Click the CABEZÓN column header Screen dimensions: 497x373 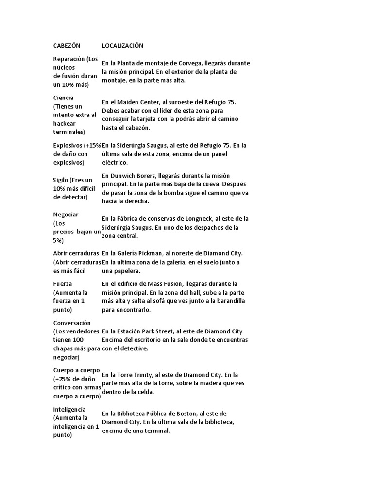tap(66, 45)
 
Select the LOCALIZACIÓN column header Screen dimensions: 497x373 tap(123, 45)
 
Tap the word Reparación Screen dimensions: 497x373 tap(69, 59)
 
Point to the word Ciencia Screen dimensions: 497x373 tap(64, 98)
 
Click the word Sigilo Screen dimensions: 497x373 tap(61, 180)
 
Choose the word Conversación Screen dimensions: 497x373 tap(72, 323)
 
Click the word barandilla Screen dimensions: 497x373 tap(230, 301)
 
